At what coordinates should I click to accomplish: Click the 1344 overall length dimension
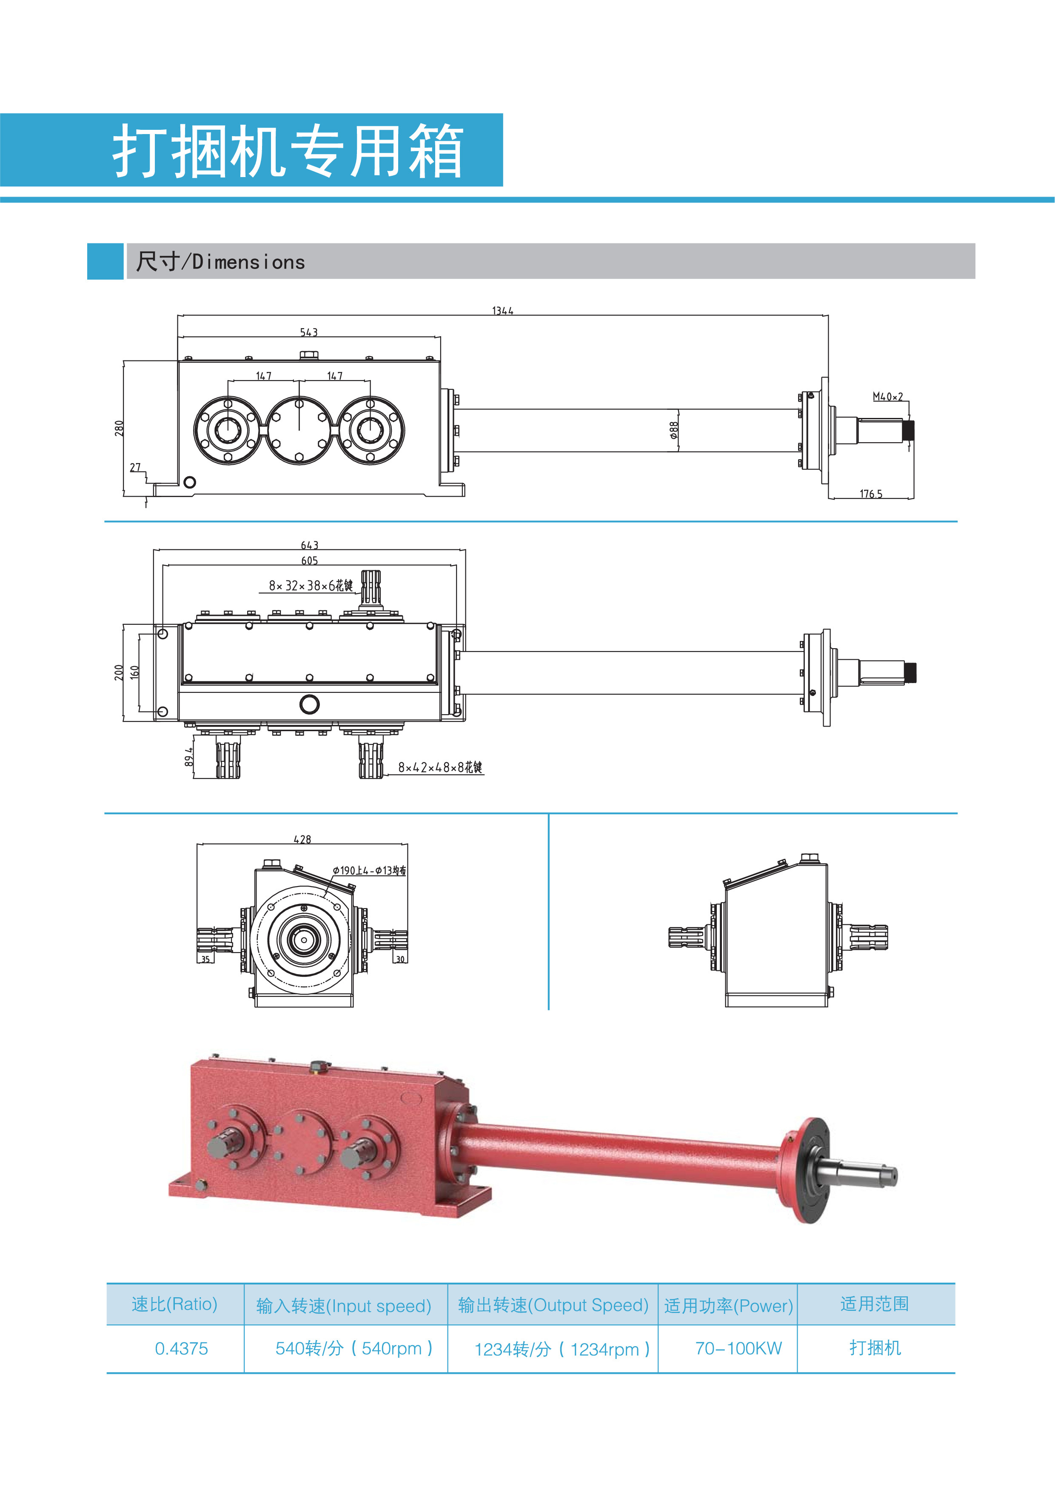click(502, 311)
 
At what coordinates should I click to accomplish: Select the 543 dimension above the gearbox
click(309, 332)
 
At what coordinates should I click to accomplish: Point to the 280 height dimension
click(119, 427)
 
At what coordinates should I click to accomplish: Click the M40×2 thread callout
click(887, 396)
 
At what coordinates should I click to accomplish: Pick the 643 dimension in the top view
click(309, 545)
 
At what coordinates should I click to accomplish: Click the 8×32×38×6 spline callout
click(311, 585)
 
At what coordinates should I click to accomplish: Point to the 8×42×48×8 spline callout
click(440, 767)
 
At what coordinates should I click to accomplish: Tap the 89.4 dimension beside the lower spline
click(188, 756)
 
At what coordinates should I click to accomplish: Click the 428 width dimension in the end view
click(302, 839)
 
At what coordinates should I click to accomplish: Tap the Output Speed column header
click(553, 1305)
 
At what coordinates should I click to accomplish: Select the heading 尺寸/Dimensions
click(220, 262)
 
